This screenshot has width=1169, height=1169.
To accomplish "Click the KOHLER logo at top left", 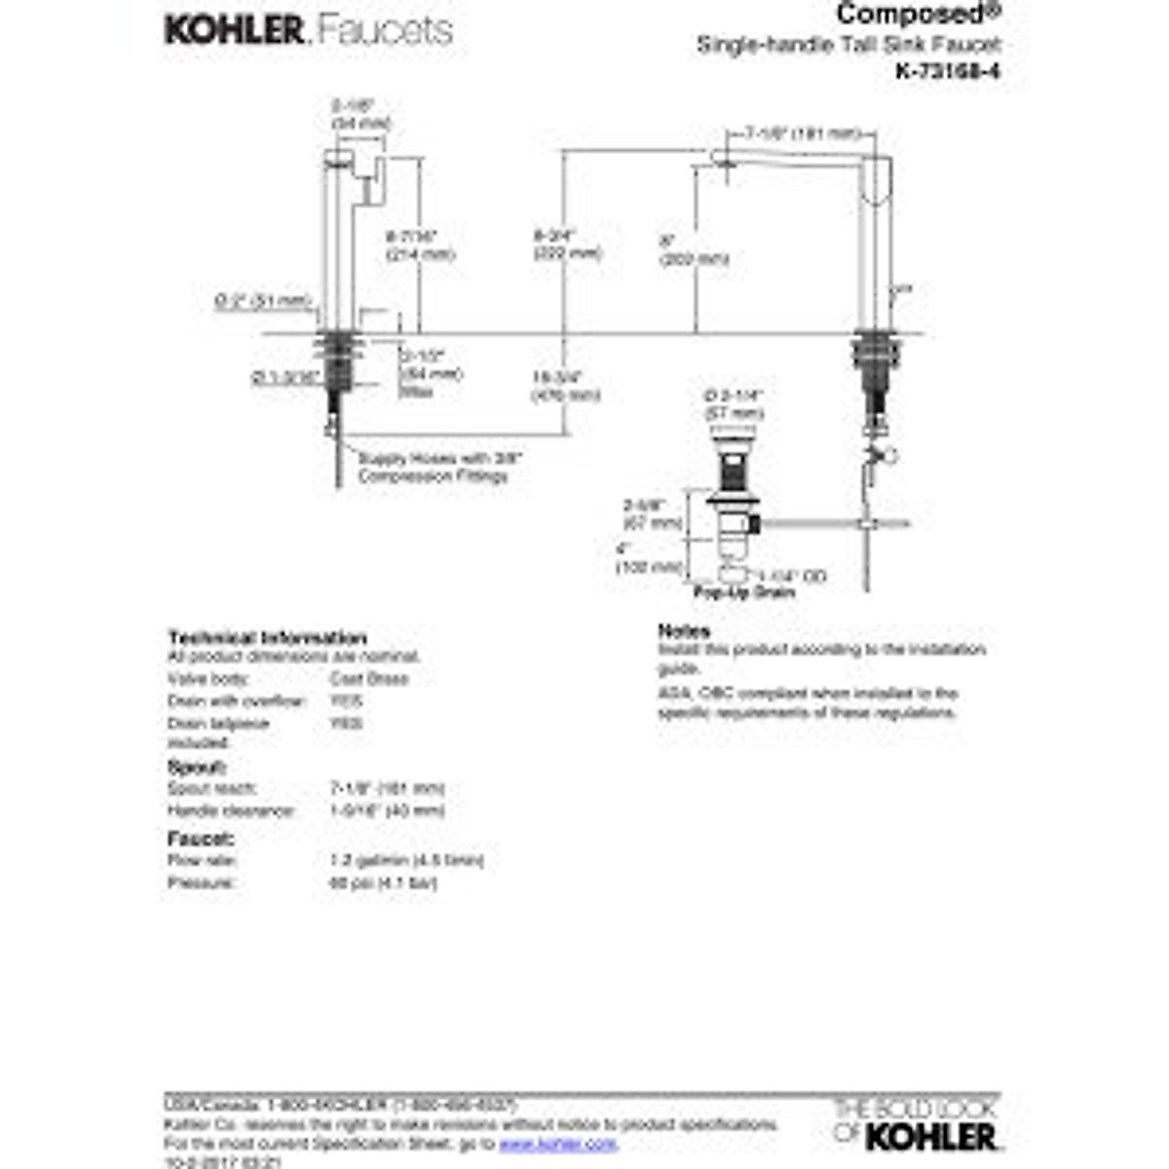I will coord(234,30).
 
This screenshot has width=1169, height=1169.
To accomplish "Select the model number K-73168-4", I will coord(947,71).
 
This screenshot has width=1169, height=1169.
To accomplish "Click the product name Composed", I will coord(905,14).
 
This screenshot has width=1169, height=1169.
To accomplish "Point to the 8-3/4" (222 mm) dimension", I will coord(566,245).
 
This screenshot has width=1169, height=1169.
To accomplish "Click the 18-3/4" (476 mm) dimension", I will coord(565,386).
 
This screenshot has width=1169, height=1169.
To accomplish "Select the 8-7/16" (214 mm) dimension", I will coord(420,245).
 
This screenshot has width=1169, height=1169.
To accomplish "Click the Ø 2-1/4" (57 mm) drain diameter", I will coord(733,404).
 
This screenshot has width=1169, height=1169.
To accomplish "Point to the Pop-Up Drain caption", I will coord(744,592).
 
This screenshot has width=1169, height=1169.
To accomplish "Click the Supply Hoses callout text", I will coord(439,467).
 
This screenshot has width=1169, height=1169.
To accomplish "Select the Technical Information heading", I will coord(267,638).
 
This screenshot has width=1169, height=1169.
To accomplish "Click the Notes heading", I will coord(684,631).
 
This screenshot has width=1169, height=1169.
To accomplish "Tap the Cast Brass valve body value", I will coord(369,679).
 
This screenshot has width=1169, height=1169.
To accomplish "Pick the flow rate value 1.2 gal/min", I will coord(407,860).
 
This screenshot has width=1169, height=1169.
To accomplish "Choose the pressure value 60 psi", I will coord(384,884).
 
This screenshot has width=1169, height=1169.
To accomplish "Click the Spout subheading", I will coord(197,767).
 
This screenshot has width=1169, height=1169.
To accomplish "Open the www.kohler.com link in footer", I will coord(558,1143).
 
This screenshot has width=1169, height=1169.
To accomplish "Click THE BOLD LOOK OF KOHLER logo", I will coord(916,1124).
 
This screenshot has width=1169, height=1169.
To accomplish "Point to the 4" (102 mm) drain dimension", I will coord(649,557).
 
